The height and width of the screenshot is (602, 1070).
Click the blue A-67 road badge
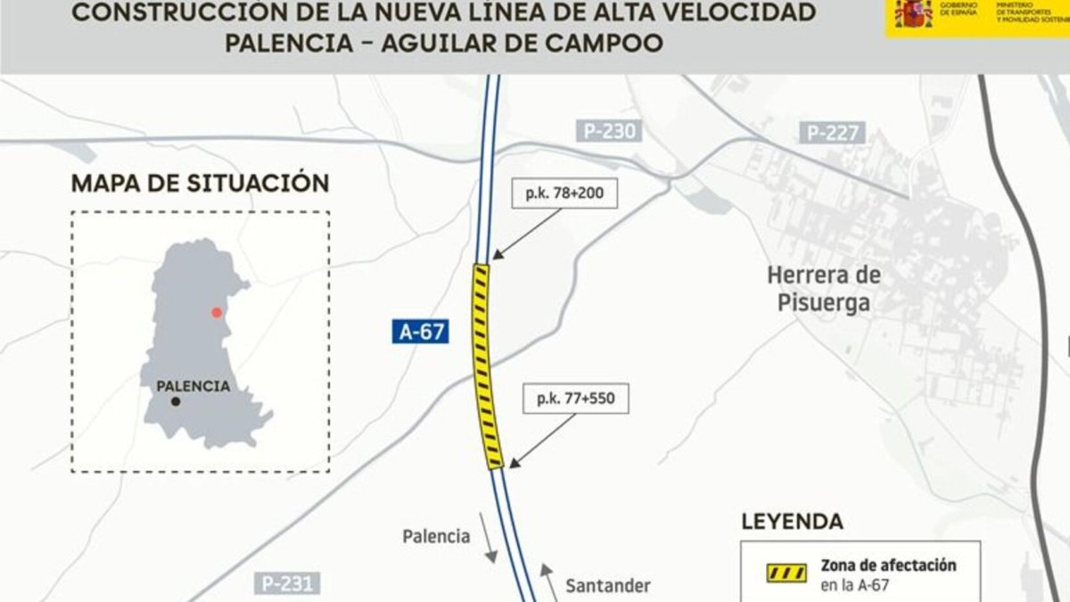tap(418, 333)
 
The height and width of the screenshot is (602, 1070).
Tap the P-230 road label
tap(611, 132)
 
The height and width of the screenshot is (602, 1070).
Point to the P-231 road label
tap(288, 584)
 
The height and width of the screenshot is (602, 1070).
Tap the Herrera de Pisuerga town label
tap(823, 289)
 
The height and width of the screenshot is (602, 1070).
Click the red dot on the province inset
tap(216, 312)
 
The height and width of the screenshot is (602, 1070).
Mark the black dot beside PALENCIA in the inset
tap(176, 402)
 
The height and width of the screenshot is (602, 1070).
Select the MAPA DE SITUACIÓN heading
tap(200, 184)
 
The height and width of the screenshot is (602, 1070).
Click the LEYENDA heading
tap(792, 522)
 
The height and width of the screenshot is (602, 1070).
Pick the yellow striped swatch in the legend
tap(787, 573)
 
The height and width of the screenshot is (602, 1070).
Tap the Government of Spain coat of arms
tap(913, 14)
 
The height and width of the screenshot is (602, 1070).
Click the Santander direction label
tap(608, 586)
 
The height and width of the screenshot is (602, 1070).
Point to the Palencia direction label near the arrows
tap(436, 537)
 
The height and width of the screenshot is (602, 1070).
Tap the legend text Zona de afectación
tap(888, 565)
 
